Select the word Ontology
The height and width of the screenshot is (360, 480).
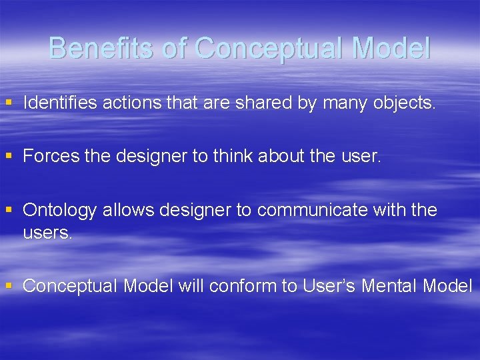pos(60,210)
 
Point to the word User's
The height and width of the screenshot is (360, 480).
pos(329,286)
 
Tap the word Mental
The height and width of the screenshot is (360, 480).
pos(389,286)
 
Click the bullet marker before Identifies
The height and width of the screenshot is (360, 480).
pos(9,103)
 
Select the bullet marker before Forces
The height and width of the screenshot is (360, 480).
pos(9,156)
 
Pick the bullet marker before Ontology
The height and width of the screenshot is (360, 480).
pos(9,210)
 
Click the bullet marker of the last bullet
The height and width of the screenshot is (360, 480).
pos(9,286)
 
